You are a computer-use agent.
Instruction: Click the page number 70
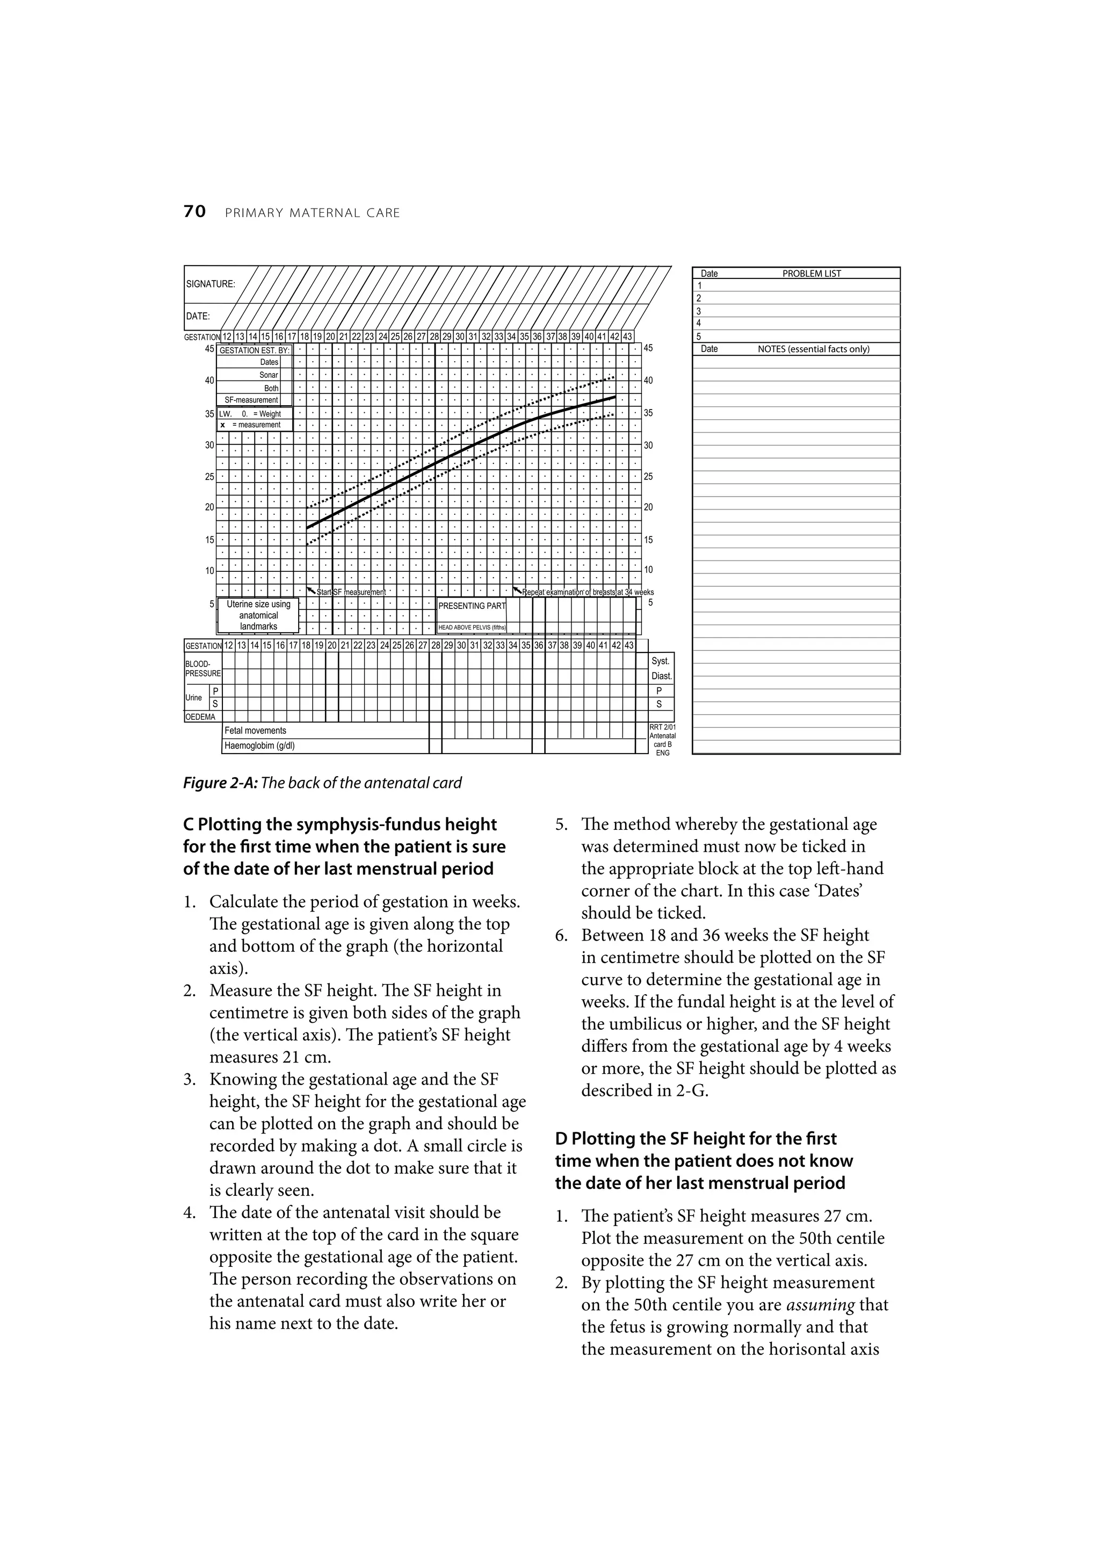[x=194, y=212]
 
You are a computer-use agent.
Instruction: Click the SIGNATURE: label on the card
[x=210, y=284]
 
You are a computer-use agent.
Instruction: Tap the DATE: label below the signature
[x=198, y=316]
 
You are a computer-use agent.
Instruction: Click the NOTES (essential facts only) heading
[x=813, y=349]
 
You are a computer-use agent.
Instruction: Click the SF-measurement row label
[x=251, y=400]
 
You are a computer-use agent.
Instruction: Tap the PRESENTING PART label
[x=472, y=606]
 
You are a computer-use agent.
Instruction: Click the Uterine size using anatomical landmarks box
[x=258, y=615]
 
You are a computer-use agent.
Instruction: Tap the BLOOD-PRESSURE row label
[x=202, y=669]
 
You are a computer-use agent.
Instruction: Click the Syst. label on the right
[x=661, y=661]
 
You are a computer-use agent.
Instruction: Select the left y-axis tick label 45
[x=209, y=349]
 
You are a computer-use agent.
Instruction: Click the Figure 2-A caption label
[x=220, y=783]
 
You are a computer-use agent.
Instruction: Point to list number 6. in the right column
[x=561, y=935]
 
